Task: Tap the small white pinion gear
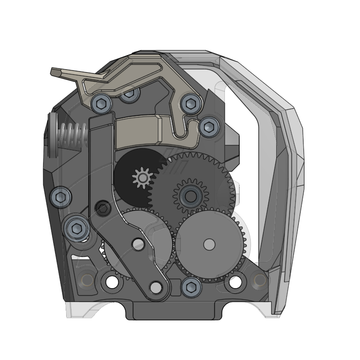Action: click(x=142, y=178)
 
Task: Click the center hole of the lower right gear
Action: click(x=209, y=244)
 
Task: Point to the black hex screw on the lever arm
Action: click(x=103, y=208)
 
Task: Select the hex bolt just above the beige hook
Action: click(x=190, y=103)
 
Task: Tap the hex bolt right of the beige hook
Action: click(x=209, y=127)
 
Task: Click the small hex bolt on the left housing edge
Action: click(x=61, y=197)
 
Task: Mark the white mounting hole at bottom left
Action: click(x=112, y=282)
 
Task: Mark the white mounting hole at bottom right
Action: click(x=235, y=282)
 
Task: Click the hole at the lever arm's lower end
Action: click(x=155, y=288)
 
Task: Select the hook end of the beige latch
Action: click(x=192, y=137)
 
